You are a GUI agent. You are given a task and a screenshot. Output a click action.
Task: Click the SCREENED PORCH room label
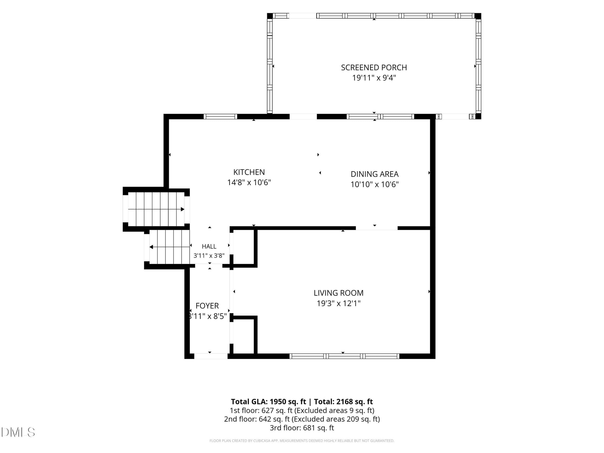click(374, 67)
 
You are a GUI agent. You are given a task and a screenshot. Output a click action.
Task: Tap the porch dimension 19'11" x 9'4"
click(374, 78)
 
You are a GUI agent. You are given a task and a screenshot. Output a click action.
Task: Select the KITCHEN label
click(249, 172)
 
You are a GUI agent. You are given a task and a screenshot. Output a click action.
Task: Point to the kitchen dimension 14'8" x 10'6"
click(249, 182)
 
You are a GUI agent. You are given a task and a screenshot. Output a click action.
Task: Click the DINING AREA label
click(375, 174)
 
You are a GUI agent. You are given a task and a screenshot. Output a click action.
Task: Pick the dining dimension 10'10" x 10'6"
click(375, 184)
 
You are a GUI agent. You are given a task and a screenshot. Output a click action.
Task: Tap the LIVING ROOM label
click(339, 293)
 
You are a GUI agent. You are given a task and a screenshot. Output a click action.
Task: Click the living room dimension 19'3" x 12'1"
click(339, 303)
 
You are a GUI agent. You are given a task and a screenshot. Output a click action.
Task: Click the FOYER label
click(207, 306)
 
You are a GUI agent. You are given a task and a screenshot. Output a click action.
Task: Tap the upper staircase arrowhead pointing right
click(183, 210)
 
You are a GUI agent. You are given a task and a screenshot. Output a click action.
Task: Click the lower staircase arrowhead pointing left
click(151, 247)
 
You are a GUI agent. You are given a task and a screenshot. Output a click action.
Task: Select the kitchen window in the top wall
click(220, 117)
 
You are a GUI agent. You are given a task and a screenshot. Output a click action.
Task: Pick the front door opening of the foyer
click(211, 356)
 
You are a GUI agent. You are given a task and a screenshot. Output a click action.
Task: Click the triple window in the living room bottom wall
click(344, 356)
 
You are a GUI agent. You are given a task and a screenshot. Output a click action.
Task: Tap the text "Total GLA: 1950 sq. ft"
click(268, 402)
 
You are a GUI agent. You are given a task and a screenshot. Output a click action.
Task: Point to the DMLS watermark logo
click(18, 432)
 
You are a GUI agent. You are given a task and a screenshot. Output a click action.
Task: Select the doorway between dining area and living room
click(377, 228)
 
